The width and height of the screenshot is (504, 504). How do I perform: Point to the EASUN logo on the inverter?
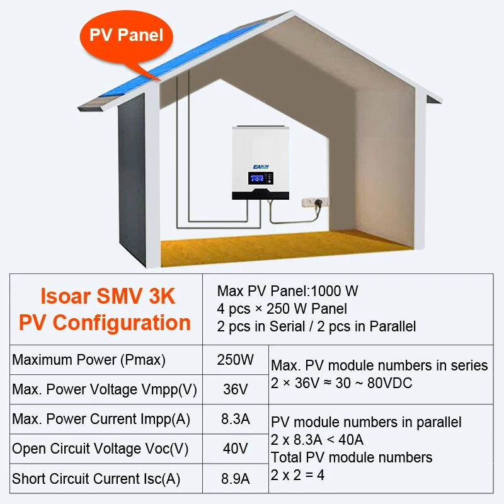coord(260,165)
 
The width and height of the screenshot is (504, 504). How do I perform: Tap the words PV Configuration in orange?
coord(105,323)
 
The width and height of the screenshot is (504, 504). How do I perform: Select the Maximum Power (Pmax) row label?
coord(89,360)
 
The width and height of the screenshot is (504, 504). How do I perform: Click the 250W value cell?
coord(236,360)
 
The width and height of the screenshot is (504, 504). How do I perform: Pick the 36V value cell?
coord(236,389)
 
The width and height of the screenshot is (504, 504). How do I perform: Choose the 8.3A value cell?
coord(236,419)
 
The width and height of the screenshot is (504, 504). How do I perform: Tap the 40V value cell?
coord(236,449)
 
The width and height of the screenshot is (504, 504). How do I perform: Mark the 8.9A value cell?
coord(236,479)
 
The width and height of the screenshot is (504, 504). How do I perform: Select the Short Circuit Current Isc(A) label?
coord(96,479)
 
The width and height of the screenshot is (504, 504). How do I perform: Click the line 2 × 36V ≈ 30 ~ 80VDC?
coord(341,382)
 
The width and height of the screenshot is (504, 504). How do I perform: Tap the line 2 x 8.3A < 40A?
coord(317,439)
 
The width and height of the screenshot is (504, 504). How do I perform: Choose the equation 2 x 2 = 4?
coord(298,474)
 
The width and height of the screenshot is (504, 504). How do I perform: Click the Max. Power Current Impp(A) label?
coord(101,419)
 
